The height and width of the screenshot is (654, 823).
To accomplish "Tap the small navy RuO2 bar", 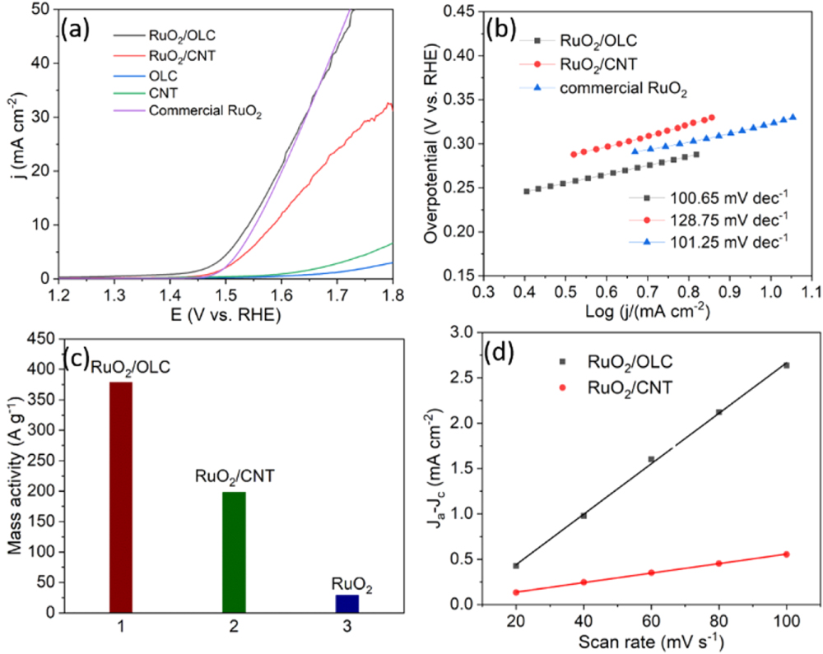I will (x=346, y=603).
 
